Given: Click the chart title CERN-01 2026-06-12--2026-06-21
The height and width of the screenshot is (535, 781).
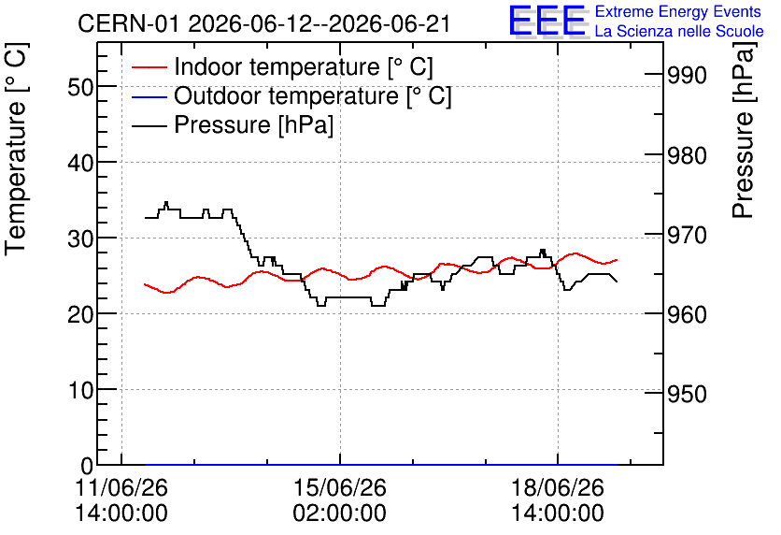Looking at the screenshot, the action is pyautogui.click(x=264, y=23).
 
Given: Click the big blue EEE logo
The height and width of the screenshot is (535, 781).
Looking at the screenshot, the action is pyautogui.click(x=547, y=21).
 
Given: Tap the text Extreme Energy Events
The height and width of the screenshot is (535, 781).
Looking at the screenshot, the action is pyautogui.click(x=678, y=11).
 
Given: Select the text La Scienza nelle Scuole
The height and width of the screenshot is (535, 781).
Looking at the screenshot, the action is pyautogui.click(x=679, y=31).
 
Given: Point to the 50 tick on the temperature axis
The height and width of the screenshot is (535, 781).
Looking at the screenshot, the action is pyautogui.click(x=80, y=87).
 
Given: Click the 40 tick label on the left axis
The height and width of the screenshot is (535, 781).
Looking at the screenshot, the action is pyautogui.click(x=80, y=163).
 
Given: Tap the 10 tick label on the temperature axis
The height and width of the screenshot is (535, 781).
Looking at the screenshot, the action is pyautogui.click(x=80, y=390).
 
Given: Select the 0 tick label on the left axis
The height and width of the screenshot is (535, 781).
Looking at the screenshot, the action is pyautogui.click(x=87, y=466).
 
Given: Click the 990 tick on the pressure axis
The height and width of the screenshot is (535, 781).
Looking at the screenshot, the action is pyautogui.click(x=687, y=76).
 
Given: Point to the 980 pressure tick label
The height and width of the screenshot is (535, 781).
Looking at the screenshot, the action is pyautogui.click(x=687, y=156).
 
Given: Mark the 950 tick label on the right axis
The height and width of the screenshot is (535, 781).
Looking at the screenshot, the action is pyautogui.click(x=687, y=394).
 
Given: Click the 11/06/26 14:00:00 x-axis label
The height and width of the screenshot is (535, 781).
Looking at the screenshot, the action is pyautogui.click(x=121, y=500).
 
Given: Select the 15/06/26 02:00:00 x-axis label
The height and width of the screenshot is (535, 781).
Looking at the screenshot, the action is pyautogui.click(x=340, y=500).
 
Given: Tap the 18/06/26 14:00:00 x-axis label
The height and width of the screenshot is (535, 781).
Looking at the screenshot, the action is pyautogui.click(x=558, y=500).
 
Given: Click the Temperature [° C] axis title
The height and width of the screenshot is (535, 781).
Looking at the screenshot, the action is pyautogui.click(x=16, y=150).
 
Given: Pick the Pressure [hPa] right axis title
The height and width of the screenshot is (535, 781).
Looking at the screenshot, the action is pyautogui.click(x=743, y=130).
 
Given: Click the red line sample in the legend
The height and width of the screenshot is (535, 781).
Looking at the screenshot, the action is pyautogui.click(x=149, y=67).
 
